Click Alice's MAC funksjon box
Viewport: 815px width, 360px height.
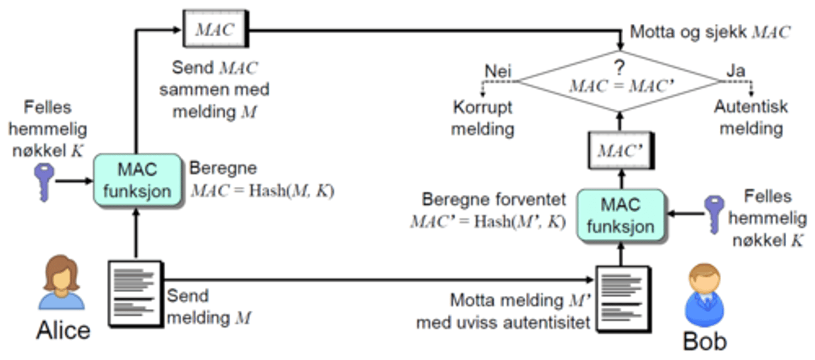coord(136,180)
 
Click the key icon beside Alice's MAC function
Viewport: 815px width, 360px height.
coord(44,182)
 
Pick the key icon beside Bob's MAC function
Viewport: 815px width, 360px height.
coord(713,215)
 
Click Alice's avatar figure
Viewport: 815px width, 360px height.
coord(61,283)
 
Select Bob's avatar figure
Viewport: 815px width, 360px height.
coord(704,298)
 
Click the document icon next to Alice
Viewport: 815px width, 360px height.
coord(135,293)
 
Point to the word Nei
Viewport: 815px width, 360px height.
coord(498,72)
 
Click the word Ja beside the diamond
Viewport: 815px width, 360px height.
coord(736,72)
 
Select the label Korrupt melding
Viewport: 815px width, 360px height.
coord(483,118)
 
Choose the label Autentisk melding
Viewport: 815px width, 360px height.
coord(750,118)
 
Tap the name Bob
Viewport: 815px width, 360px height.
coord(704,341)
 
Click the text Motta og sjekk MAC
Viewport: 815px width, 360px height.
coord(710,32)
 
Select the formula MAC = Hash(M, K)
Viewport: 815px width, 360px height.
coord(262,191)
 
